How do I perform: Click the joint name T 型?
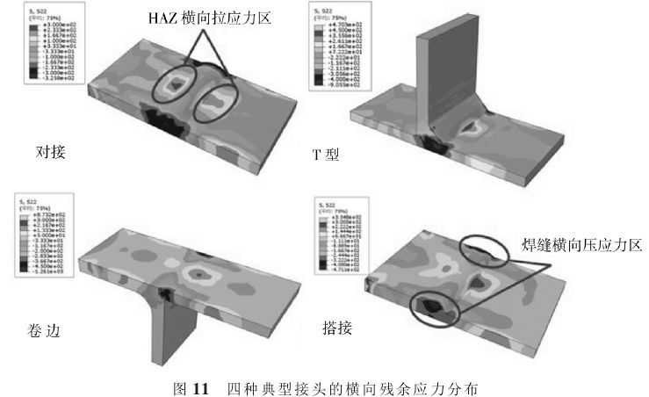pos(329,154)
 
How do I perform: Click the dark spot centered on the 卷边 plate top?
pos(204,275)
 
